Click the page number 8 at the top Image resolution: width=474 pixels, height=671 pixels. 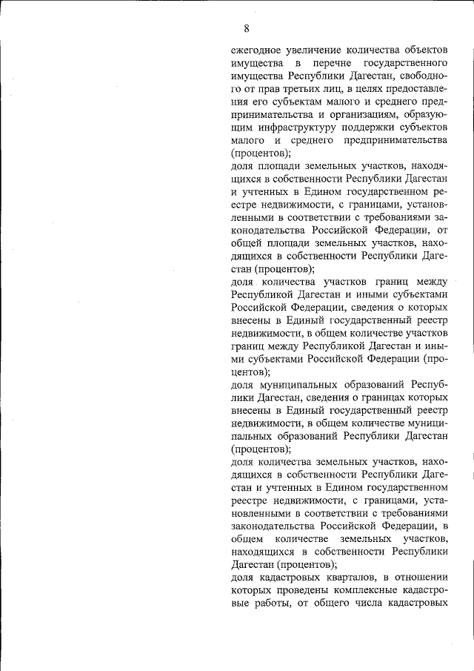246,29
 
